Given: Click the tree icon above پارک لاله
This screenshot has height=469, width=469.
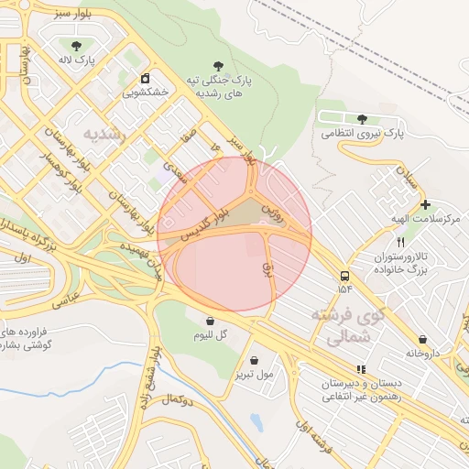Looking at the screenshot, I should [76, 45].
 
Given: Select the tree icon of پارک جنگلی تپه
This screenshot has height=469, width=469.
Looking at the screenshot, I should [217, 64].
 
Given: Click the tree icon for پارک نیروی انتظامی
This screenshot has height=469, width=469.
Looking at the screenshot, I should [362, 118].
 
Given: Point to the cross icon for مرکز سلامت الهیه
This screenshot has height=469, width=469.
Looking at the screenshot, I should [425, 204].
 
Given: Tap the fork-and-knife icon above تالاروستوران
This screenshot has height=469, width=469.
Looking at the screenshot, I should [400, 242].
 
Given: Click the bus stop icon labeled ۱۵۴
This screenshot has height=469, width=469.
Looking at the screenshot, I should [344, 275].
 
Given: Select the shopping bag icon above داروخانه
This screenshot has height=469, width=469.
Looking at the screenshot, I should [421, 339].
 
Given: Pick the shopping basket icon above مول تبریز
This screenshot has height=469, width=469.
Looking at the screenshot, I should [254, 360].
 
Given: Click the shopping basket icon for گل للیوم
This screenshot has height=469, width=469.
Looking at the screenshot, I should [211, 321].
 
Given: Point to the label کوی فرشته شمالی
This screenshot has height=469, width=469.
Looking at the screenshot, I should [348, 325].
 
